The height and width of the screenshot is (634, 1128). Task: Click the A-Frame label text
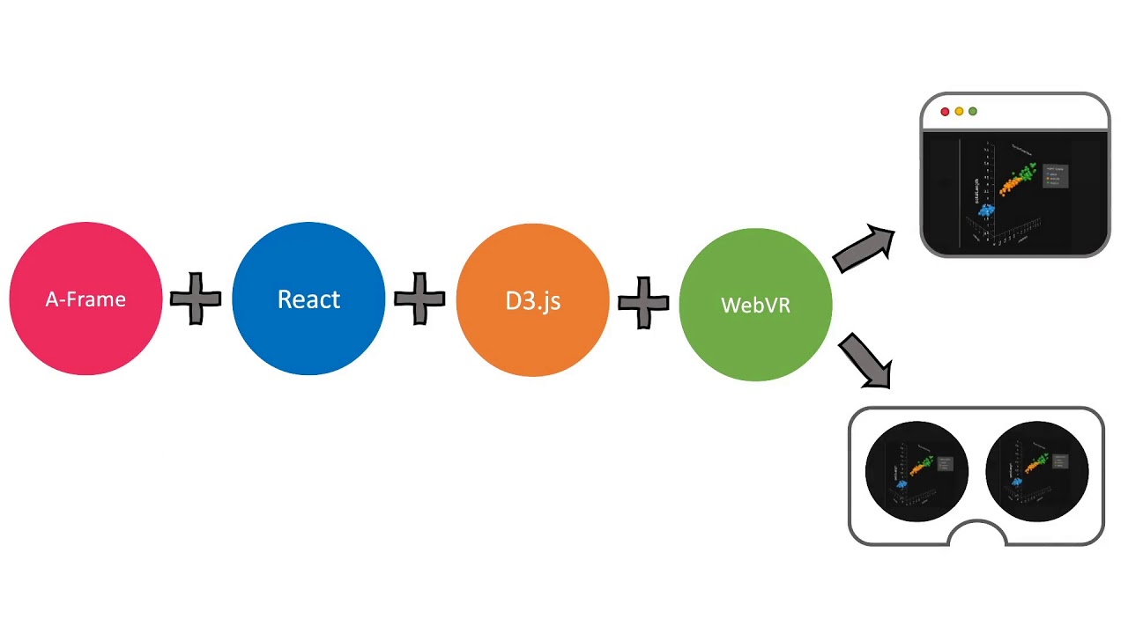85,299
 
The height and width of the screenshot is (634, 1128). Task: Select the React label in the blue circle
308,299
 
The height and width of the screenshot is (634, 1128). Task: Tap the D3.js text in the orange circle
532,301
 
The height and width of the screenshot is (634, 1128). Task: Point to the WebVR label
755,306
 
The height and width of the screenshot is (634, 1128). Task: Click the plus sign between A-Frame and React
196,299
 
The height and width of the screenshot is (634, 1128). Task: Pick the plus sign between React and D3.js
419,299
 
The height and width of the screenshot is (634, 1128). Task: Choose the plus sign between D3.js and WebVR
643,304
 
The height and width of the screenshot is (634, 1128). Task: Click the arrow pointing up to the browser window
864,248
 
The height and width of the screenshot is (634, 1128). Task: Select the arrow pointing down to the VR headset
865,359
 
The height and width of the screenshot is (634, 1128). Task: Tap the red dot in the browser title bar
946,112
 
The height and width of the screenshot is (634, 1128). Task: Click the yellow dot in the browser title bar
959,112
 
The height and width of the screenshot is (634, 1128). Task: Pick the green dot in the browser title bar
973,112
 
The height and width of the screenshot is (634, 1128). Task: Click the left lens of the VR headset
916,472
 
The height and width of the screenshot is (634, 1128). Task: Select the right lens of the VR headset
1037,472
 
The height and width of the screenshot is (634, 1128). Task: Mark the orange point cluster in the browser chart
1011,185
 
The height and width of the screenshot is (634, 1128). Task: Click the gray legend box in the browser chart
1055,175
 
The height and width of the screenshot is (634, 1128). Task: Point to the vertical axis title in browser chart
976,191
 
